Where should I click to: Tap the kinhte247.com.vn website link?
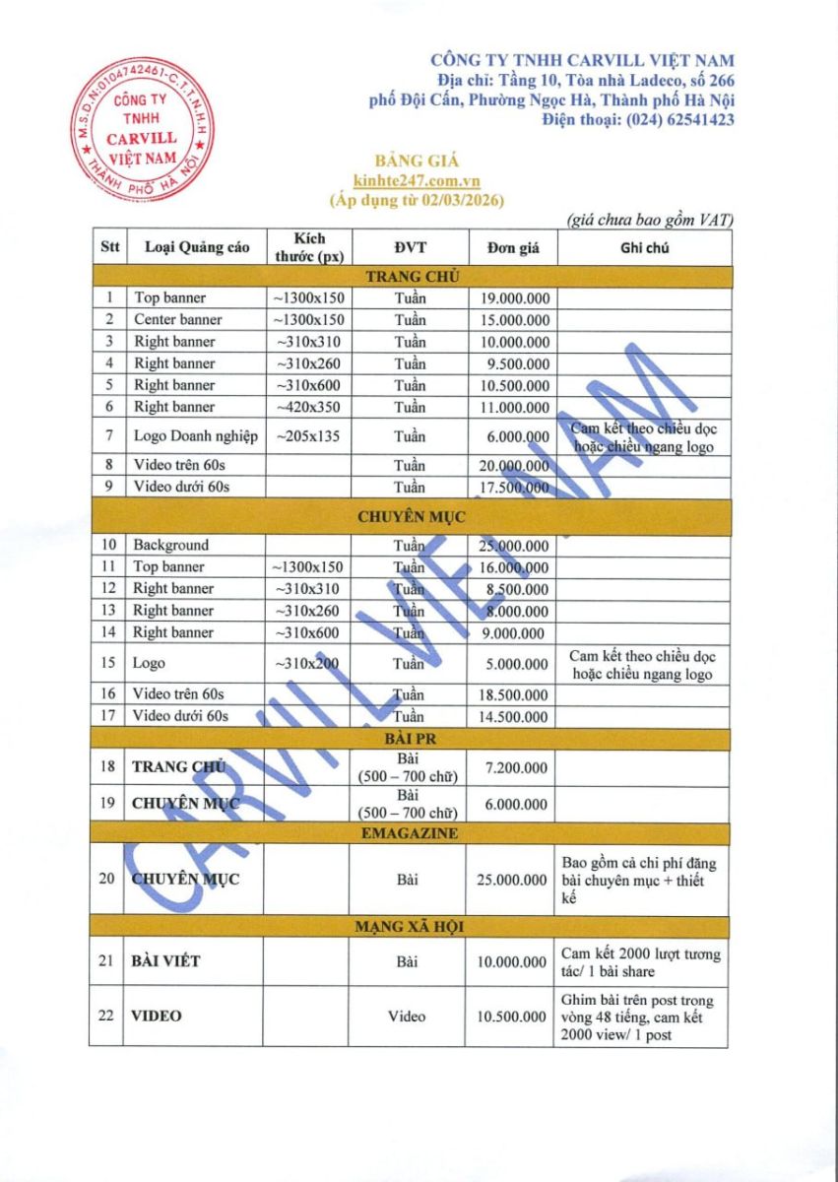[417, 180]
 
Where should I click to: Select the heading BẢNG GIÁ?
[418, 161]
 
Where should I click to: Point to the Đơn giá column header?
[513, 248]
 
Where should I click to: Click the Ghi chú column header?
[644, 248]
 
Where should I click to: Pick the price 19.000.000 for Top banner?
[515, 297]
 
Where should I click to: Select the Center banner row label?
[178, 319]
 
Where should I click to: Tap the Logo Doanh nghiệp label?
[194, 435]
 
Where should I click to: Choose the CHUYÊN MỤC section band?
[411, 515]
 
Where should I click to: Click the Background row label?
[171, 545]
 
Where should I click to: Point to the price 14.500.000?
[515, 717]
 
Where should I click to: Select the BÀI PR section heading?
[411, 738]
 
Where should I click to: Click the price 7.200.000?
[515, 766]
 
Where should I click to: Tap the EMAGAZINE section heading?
[411, 833]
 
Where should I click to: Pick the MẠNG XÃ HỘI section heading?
[411, 927]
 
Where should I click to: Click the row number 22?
[106, 1016]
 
